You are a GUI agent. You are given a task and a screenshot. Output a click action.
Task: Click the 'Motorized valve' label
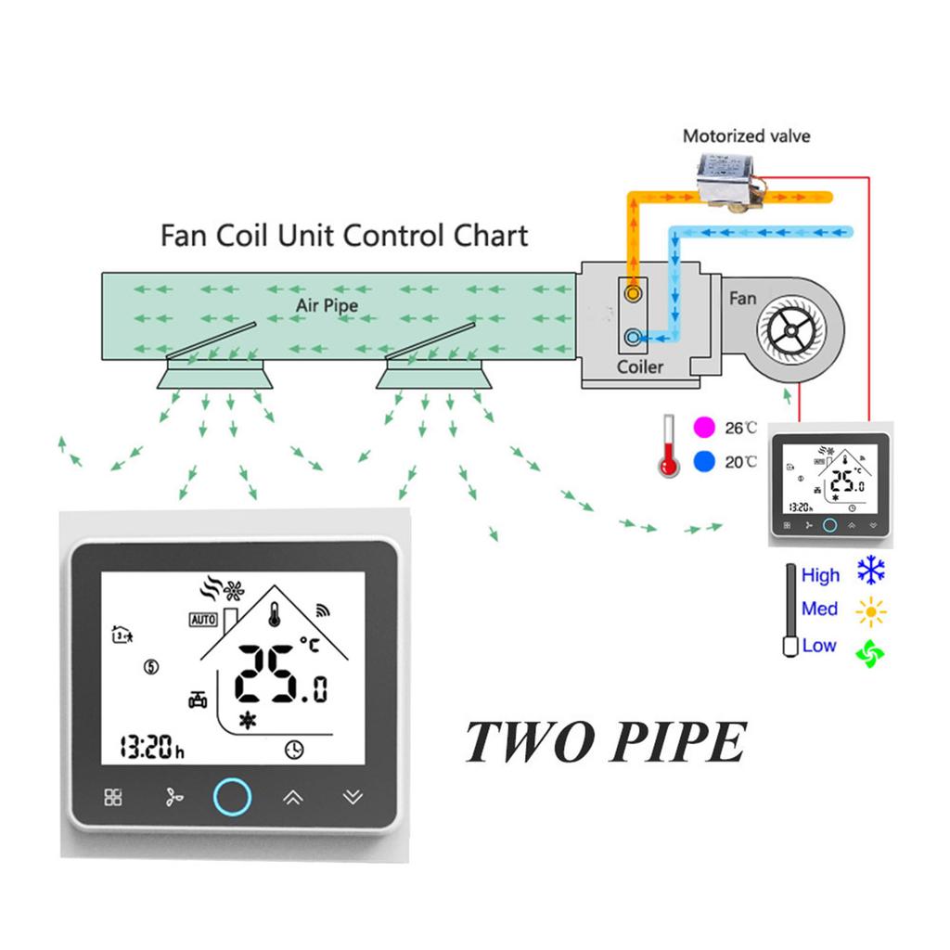(746, 136)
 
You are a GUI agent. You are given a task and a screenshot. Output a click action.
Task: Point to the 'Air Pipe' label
(327, 304)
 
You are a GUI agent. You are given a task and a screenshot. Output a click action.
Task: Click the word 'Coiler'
(640, 367)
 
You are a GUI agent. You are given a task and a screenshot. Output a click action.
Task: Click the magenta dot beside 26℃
(704, 428)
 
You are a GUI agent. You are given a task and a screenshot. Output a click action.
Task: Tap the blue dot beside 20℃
(704, 460)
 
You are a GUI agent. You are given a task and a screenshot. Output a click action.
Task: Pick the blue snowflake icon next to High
(871, 571)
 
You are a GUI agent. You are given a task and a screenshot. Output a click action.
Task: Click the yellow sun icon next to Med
(871, 611)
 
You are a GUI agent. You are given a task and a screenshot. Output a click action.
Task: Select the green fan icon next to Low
(871, 651)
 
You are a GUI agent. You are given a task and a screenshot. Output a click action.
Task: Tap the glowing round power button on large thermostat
(232, 796)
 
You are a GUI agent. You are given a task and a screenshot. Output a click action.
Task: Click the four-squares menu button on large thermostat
(113, 797)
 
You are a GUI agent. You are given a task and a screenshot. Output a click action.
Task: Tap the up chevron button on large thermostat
(292, 797)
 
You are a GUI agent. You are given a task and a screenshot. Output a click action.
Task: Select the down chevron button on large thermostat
(352, 797)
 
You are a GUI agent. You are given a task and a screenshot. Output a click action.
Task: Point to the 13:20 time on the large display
(152, 747)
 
